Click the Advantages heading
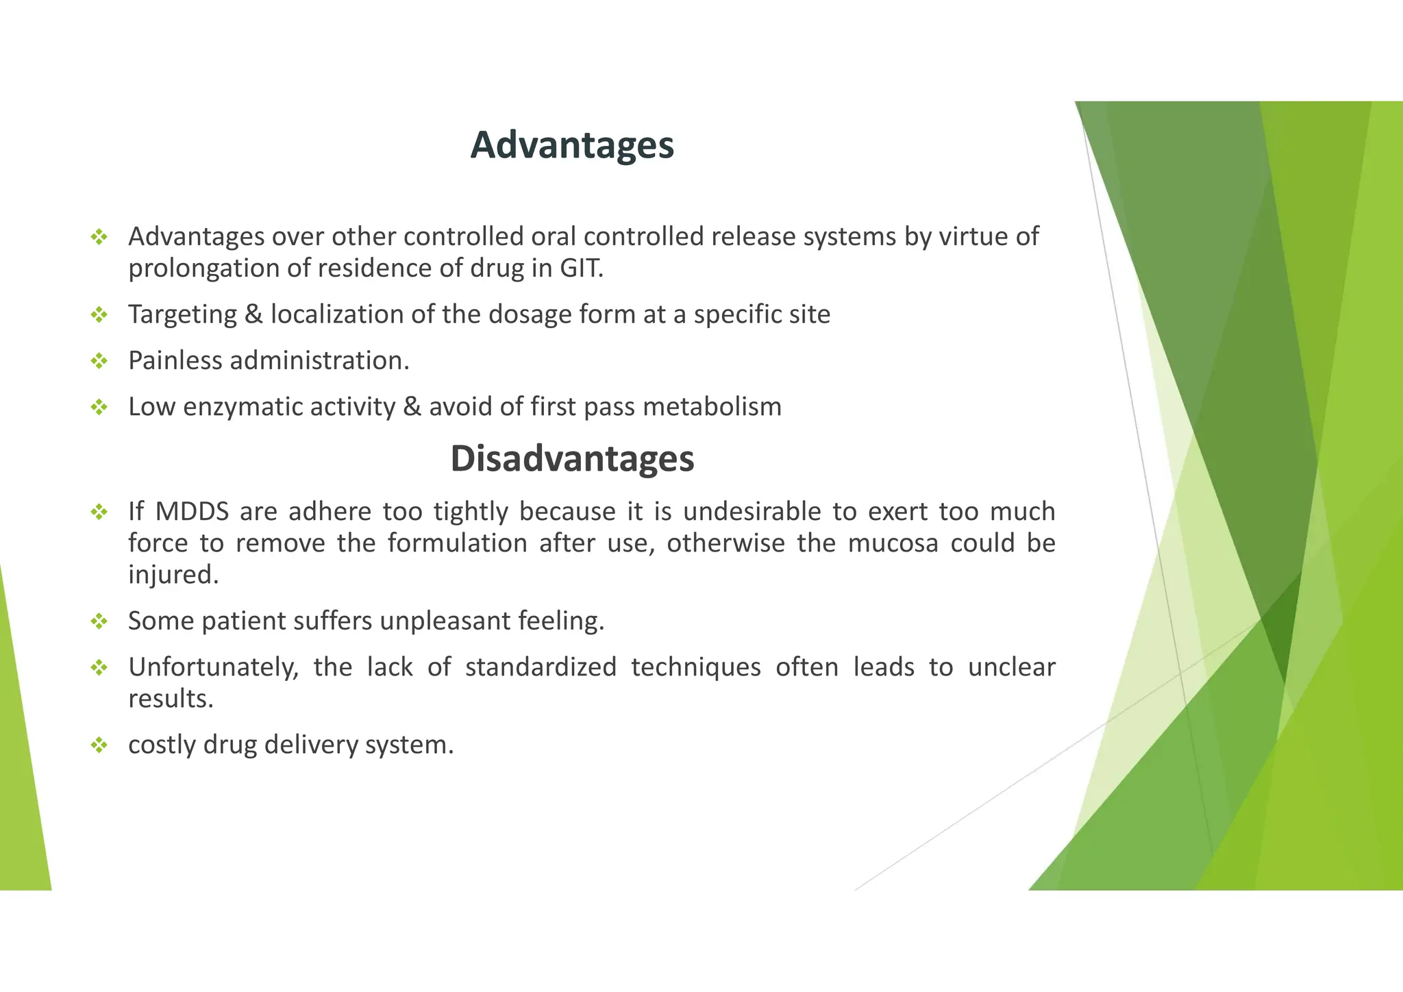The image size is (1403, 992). pos(572,145)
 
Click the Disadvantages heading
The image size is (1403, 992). pos(572,458)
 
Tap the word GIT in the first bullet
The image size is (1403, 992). pos(581,268)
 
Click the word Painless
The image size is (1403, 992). pos(175,360)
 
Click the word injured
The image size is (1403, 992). pos(173,575)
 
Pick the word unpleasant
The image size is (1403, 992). pos(445,621)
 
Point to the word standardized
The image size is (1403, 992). pos(541,667)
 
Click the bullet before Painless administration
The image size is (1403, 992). pos(99,361)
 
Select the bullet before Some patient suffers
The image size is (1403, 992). pos(99,621)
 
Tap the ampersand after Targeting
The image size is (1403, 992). pos(253,314)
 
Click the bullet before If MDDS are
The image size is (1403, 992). pos(99,512)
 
